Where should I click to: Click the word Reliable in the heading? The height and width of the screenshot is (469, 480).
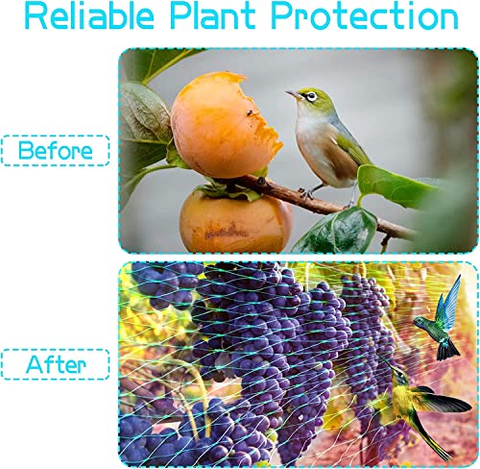(x=89, y=16)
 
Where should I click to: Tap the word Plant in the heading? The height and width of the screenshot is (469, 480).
(x=213, y=16)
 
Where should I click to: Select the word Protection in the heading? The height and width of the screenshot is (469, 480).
(x=365, y=16)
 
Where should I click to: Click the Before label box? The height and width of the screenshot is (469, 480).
(x=56, y=150)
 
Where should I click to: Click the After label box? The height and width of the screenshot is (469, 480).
(x=56, y=364)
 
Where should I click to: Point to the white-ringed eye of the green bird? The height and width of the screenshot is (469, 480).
(x=311, y=96)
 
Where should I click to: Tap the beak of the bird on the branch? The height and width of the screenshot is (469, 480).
(x=293, y=94)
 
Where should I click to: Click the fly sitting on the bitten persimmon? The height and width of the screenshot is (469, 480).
(x=250, y=112)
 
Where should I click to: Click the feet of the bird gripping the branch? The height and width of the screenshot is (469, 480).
(x=307, y=193)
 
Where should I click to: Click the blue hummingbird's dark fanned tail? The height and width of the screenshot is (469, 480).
(x=447, y=350)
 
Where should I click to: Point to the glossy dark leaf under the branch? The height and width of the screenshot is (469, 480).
(x=338, y=232)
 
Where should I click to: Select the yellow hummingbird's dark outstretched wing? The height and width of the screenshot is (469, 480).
(x=444, y=401)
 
